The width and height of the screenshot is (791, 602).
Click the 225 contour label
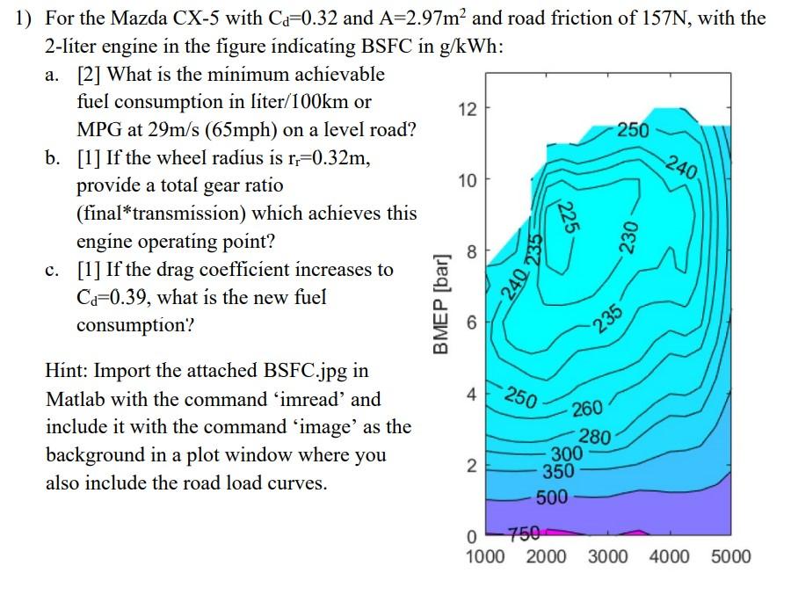coord(570,214)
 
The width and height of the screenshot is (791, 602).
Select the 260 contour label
coord(587,408)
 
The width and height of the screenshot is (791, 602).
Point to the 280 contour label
coord(594,437)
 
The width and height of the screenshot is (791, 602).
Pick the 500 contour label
coord(552,499)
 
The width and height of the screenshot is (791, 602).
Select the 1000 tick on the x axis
coord(485,556)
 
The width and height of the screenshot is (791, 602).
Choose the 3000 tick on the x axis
coord(608,556)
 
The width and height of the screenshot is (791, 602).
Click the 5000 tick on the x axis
coord(731,556)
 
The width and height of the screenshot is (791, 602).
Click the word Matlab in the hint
coord(75,399)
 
